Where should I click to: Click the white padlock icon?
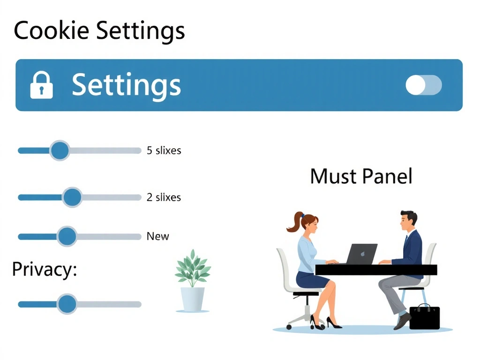pos(41,85)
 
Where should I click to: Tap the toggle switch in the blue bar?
pos(423,85)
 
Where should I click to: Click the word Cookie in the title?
pos(51,31)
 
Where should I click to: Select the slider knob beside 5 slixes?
pos(60,150)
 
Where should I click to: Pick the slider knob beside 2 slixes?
pos(72,197)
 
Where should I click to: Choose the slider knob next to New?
pos(67,236)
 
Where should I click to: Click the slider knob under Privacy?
pos(67,304)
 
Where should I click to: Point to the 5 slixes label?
pos(164,150)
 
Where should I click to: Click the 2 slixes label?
pos(164,197)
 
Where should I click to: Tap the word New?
pos(157,236)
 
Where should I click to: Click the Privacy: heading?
pos(44,270)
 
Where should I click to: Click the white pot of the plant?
pos(193,299)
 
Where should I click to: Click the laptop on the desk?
pos(361,254)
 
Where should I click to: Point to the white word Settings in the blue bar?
pos(126,85)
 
